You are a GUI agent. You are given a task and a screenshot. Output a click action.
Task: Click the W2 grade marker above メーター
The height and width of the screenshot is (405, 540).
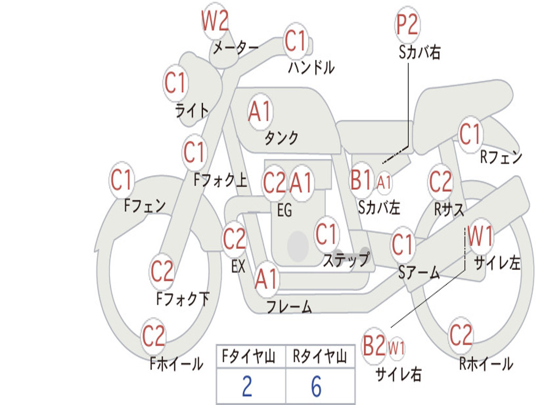tap(215, 21)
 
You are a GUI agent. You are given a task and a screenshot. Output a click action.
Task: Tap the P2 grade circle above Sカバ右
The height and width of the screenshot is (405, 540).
tap(407, 25)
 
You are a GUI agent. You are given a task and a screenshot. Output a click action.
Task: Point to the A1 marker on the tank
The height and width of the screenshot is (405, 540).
tap(261, 112)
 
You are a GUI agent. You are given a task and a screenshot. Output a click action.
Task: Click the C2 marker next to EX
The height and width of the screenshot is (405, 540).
tap(234, 239)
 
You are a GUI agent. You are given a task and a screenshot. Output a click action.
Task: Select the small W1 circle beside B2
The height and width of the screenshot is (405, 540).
tap(397, 348)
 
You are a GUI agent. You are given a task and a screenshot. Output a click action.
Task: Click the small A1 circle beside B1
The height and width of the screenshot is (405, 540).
tap(384, 182)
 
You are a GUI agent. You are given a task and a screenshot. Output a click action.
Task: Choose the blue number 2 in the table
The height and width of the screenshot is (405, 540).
tap(247, 387)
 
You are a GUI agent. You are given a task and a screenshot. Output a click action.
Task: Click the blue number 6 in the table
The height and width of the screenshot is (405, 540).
tap(316, 387)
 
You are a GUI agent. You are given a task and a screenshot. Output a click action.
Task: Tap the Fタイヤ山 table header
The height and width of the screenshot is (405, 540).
tap(249, 356)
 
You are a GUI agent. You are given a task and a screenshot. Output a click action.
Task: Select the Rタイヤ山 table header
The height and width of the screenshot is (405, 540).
tap(320, 356)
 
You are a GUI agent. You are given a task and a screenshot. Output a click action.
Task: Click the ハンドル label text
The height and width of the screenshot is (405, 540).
tap(311, 67)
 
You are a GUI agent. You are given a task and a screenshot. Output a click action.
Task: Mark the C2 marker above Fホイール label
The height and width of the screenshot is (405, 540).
tap(153, 336)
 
